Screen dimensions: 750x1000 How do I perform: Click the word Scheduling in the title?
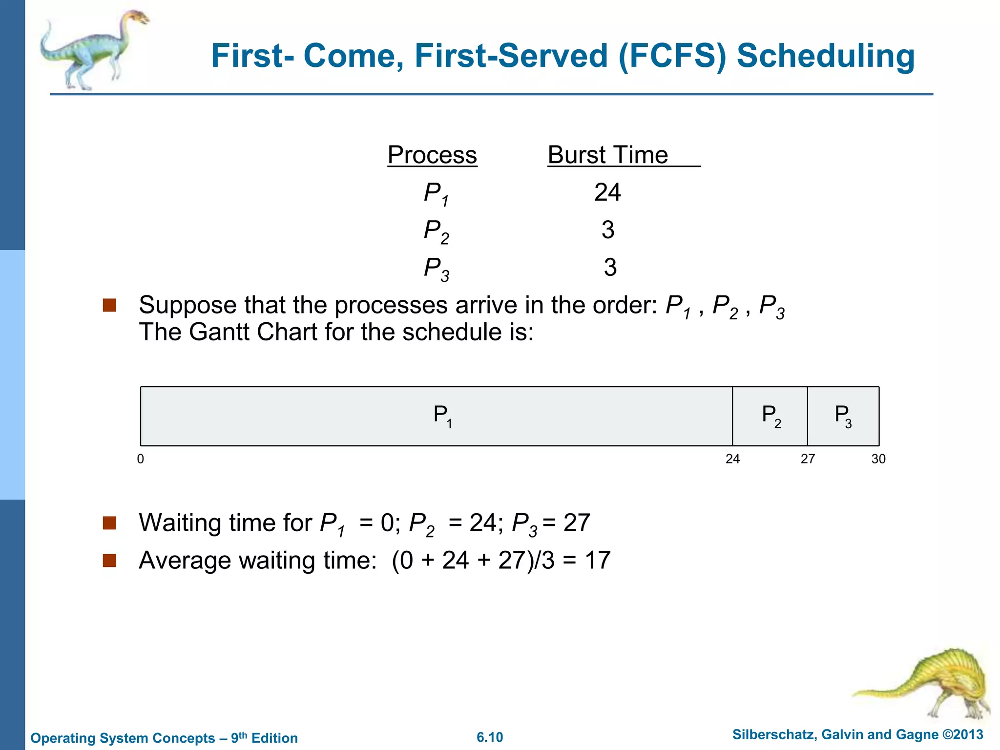825,56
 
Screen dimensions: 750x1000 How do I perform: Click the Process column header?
432,155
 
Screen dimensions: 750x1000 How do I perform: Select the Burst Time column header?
608,155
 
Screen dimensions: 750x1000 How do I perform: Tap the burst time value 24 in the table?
607,192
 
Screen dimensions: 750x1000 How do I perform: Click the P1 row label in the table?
436,193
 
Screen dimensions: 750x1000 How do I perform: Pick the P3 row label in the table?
436,269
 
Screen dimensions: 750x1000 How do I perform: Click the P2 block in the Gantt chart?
770,416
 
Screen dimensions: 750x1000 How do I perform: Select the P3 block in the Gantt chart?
843,416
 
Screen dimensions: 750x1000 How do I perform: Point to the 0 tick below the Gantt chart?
141,459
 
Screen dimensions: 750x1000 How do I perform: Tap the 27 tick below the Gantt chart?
808,459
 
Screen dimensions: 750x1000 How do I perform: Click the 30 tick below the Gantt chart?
878,459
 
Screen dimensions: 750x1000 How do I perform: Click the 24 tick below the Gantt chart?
732,459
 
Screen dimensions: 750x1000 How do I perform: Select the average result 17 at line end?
598,560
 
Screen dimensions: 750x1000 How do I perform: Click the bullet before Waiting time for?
109,523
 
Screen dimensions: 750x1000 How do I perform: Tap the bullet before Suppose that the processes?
109,305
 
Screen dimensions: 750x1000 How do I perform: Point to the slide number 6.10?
490,737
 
